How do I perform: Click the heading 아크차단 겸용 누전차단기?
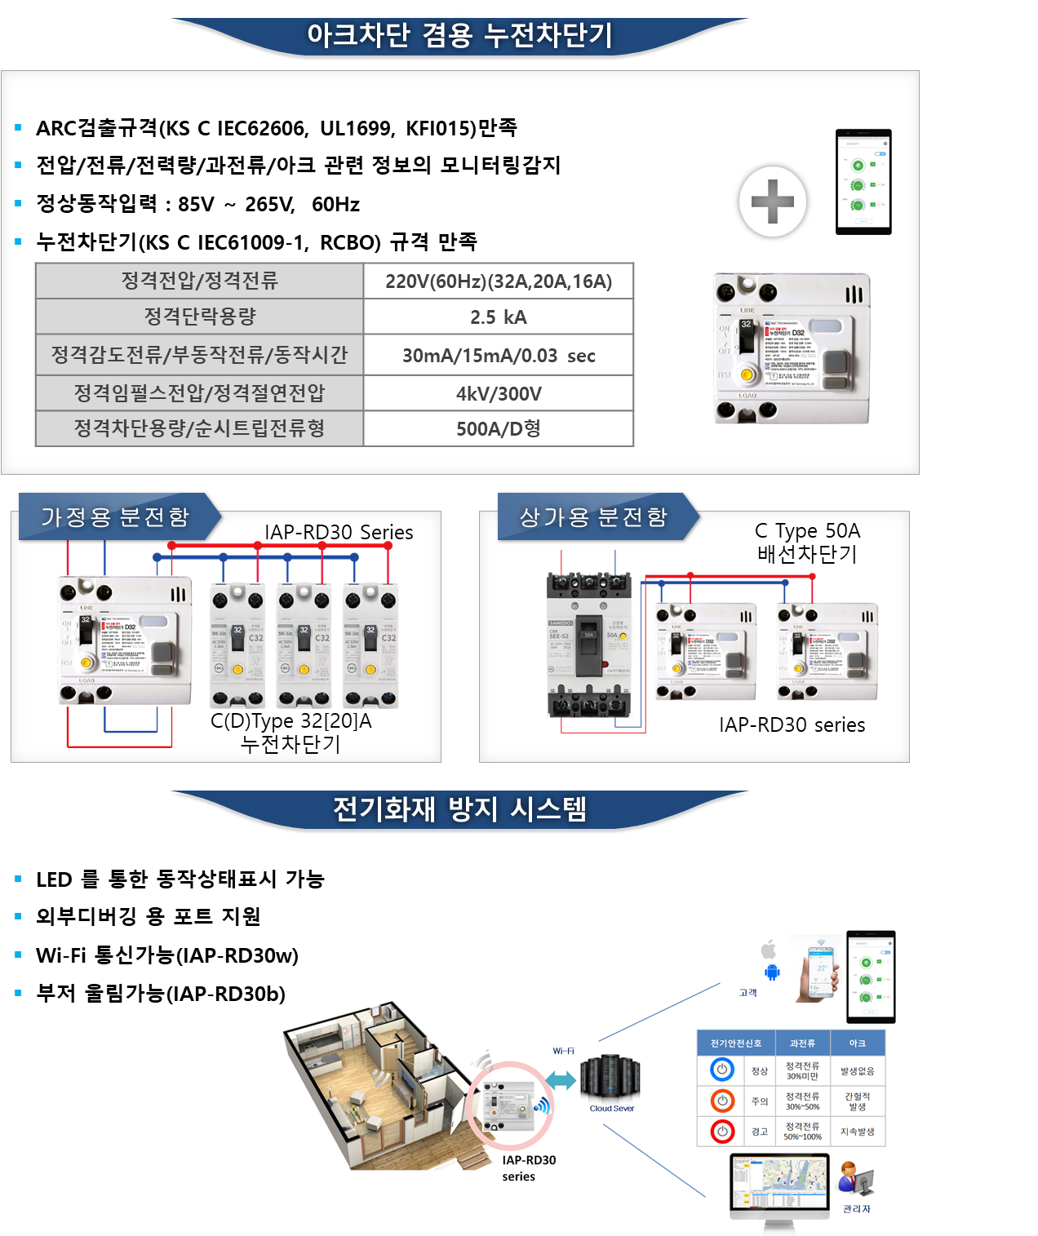[459, 35]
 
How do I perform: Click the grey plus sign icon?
[772, 202]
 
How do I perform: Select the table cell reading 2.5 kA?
[498, 317]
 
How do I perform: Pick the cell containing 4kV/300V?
[498, 393]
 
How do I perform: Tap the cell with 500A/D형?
[498, 428]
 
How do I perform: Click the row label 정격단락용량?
[200, 317]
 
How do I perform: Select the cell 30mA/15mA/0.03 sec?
[498, 355]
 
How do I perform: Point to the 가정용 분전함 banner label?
[115, 516]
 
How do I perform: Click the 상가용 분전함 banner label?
[593, 516]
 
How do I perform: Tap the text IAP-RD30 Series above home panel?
[339, 532]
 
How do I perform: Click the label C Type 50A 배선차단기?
[807, 543]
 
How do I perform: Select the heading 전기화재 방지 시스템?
[459, 809]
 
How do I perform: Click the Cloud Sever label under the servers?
[611, 1108]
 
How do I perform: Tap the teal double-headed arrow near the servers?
[561, 1080]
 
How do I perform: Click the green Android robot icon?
[772, 972]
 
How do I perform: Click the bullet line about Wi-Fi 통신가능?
[166, 955]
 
